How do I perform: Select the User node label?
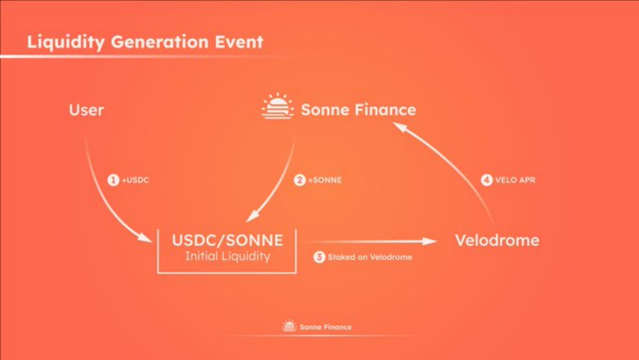[86, 110]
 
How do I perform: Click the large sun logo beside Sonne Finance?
[277, 106]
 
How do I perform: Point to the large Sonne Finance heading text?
[358, 110]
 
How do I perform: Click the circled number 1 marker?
[113, 180]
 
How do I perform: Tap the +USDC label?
[135, 180]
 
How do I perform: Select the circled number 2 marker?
[299, 180]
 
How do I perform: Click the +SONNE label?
[324, 180]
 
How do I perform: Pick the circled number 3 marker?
[319, 257]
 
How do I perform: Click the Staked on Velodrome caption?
[370, 257]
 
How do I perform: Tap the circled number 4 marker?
[486, 180]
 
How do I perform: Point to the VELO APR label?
[515, 180]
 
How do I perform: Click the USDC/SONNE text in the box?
[227, 240]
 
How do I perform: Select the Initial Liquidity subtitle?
[227, 256]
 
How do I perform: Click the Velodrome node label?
[497, 240]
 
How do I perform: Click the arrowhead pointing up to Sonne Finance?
[398, 127]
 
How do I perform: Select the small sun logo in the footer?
[289, 326]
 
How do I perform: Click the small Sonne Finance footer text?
[325, 327]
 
